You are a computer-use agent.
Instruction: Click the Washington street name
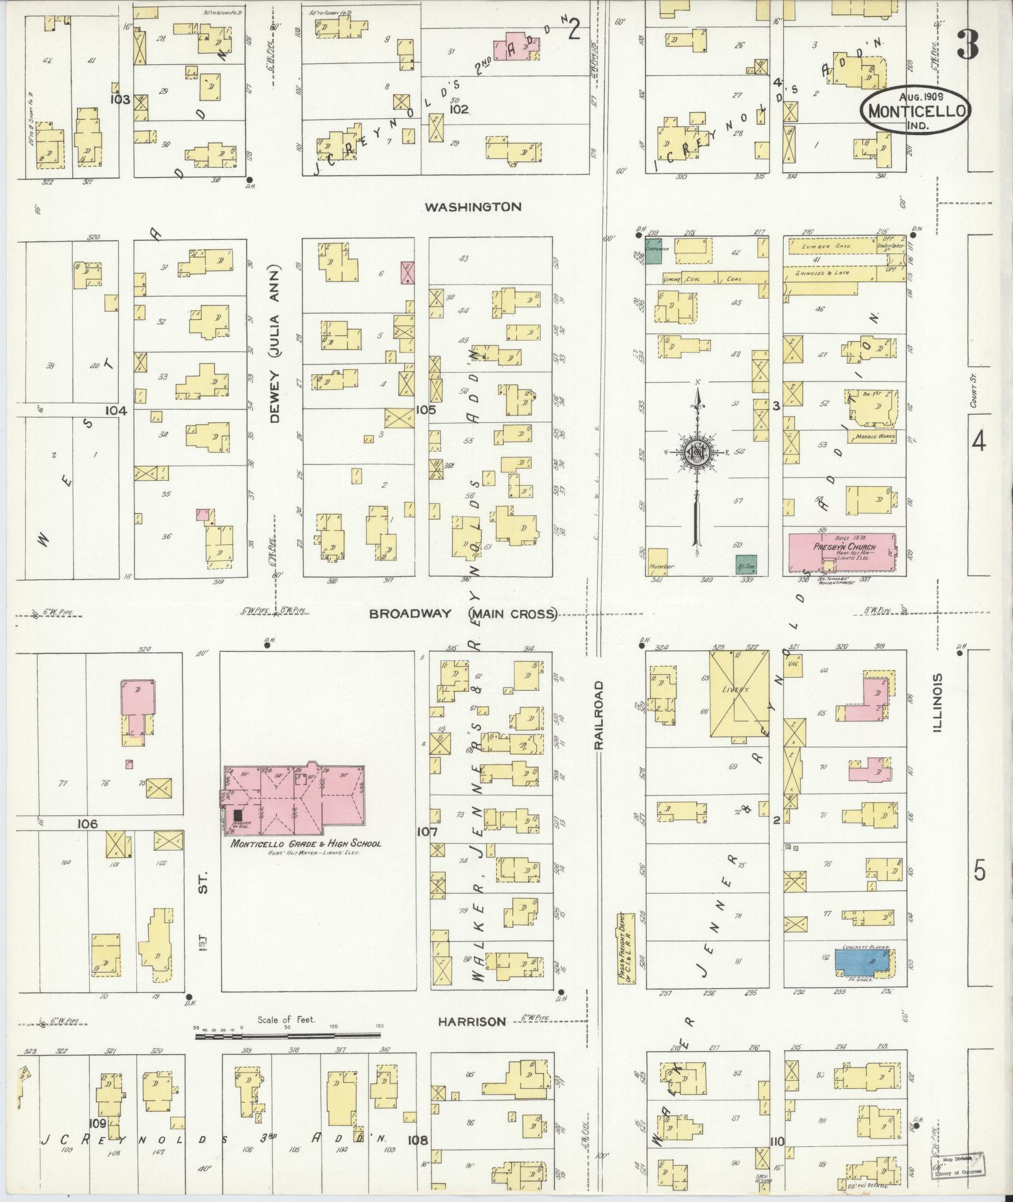coord(472,207)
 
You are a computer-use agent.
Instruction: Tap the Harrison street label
coord(472,1022)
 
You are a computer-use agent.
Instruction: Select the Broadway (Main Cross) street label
coord(463,614)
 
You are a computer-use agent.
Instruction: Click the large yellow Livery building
coord(739,694)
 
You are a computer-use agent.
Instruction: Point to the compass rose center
coord(696,452)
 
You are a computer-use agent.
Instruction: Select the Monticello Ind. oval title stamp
coord(916,109)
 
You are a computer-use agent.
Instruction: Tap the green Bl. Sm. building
coord(746,564)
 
